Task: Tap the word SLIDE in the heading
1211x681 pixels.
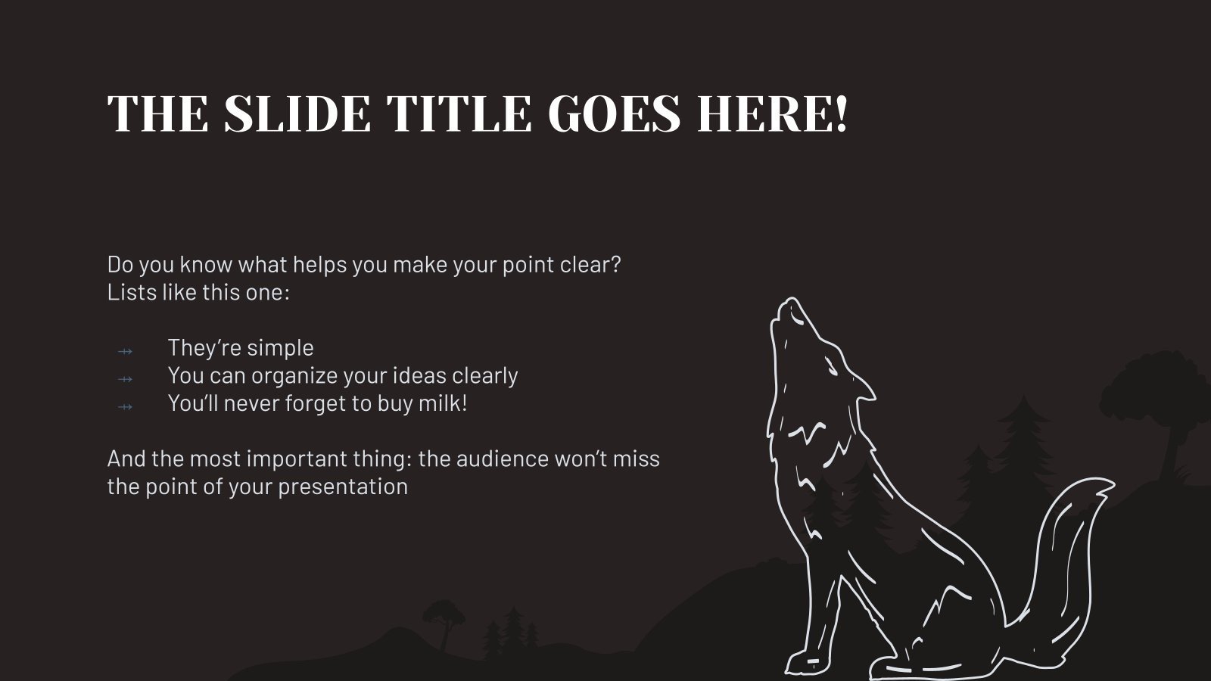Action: click(297, 114)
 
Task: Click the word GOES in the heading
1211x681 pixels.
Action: click(615, 114)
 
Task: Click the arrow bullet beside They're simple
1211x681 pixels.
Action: click(126, 350)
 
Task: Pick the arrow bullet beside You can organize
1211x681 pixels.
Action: click(126, 378)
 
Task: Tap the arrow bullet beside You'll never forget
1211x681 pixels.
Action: click(126, 406)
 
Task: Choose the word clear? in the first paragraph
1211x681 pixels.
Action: click(590, 265)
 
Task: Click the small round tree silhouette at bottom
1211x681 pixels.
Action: click(444, 611)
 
